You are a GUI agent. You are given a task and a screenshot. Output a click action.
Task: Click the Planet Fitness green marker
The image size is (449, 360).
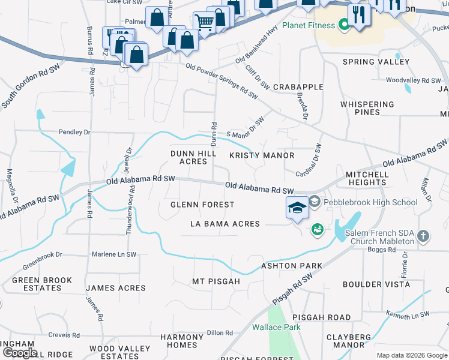pos(344,25)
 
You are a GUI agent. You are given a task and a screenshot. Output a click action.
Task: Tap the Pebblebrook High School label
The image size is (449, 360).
pos(370,202)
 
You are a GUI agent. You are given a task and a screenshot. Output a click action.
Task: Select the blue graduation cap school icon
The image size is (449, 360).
pos(297,208)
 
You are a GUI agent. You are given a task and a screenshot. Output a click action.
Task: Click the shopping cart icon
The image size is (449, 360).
pos(205,23)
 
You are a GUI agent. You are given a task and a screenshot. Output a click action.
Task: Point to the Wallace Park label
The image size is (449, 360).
pos(276,328)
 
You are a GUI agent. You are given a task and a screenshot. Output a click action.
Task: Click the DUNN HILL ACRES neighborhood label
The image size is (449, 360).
pos(193,157)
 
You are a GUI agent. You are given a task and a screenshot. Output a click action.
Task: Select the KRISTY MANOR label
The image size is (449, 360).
pos(262,155)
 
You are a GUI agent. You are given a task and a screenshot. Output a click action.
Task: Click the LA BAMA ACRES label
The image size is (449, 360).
pos(225,224)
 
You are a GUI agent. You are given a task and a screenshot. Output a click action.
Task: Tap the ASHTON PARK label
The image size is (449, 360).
pos(291,266)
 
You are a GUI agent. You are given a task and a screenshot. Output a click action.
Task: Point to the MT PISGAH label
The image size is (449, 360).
pos(215,281)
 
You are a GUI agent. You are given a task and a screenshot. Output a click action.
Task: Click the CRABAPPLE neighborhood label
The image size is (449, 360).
pos(298,87)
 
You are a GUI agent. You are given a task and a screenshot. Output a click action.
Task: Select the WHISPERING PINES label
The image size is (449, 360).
pos(368,108)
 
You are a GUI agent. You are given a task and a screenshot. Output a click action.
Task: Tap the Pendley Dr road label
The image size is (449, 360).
pos(74,131)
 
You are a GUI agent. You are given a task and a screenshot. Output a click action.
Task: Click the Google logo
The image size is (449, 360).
pos(20,352)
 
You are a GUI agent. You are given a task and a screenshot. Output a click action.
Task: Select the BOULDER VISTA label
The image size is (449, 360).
pos(376,284)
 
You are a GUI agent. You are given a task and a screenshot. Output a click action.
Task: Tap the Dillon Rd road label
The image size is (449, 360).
pos(220,333)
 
